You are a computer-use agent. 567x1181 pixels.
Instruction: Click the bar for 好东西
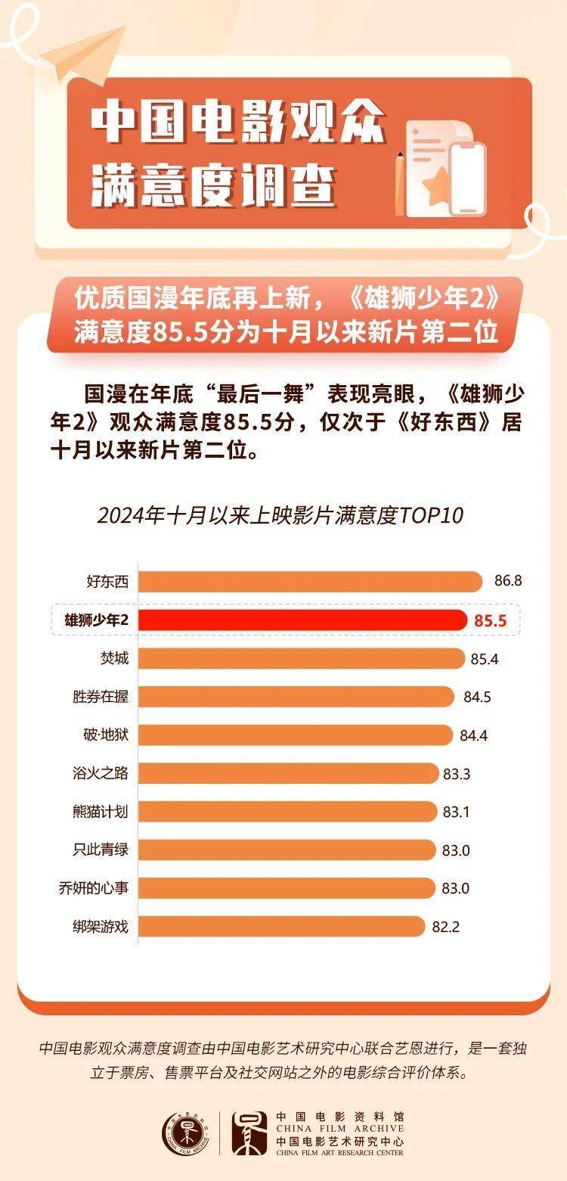coord(310,582)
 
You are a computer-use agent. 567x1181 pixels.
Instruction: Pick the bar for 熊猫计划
coord(288,812)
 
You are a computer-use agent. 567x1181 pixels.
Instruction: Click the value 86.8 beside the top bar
coord(508,582)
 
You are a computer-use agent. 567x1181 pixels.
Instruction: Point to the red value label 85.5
coord(490,621)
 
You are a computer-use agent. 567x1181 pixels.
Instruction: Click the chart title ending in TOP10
coord(280,516)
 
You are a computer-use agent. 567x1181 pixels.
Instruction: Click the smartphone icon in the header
coord(468,179)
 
